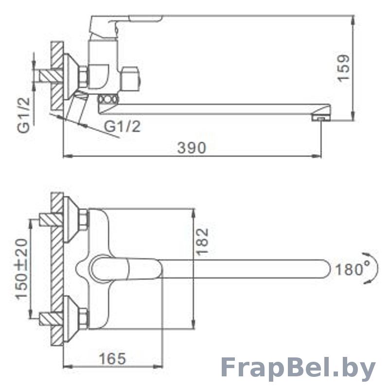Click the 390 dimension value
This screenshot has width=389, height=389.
192,148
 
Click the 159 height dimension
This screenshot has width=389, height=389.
344,68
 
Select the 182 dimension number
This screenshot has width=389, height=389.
202,241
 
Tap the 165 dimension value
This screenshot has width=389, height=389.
112,358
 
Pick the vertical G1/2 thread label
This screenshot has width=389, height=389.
23,115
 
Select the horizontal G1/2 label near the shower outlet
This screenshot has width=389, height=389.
122,126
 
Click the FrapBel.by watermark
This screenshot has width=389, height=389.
298,369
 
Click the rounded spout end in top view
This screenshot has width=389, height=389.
326,269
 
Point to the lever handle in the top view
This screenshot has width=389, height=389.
126,270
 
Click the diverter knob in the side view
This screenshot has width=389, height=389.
131,80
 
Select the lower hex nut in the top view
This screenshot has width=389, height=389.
83,318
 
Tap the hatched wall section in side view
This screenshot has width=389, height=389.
57,76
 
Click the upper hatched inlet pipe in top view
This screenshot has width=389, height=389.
51,220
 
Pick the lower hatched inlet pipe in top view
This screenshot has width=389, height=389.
51,318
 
